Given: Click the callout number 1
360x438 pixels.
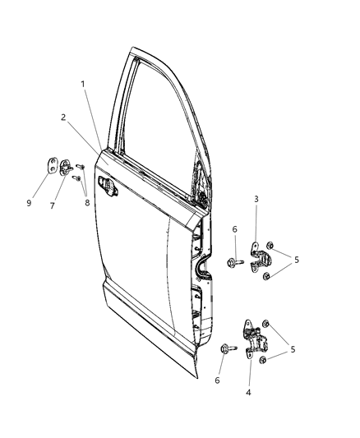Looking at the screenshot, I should (82, 84).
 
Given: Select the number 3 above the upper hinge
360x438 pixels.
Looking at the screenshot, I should (256, 200).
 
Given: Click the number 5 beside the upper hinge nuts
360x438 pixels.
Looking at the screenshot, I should (297, 260).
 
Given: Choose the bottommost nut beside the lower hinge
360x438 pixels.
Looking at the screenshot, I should (261, 361).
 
